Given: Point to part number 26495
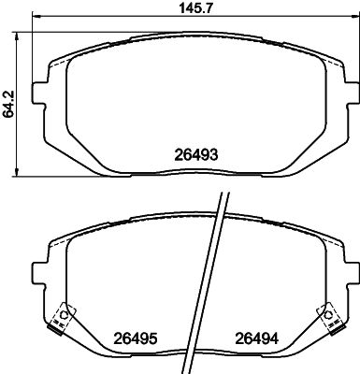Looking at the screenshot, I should point(135,338).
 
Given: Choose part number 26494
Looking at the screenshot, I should point(255,338).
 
